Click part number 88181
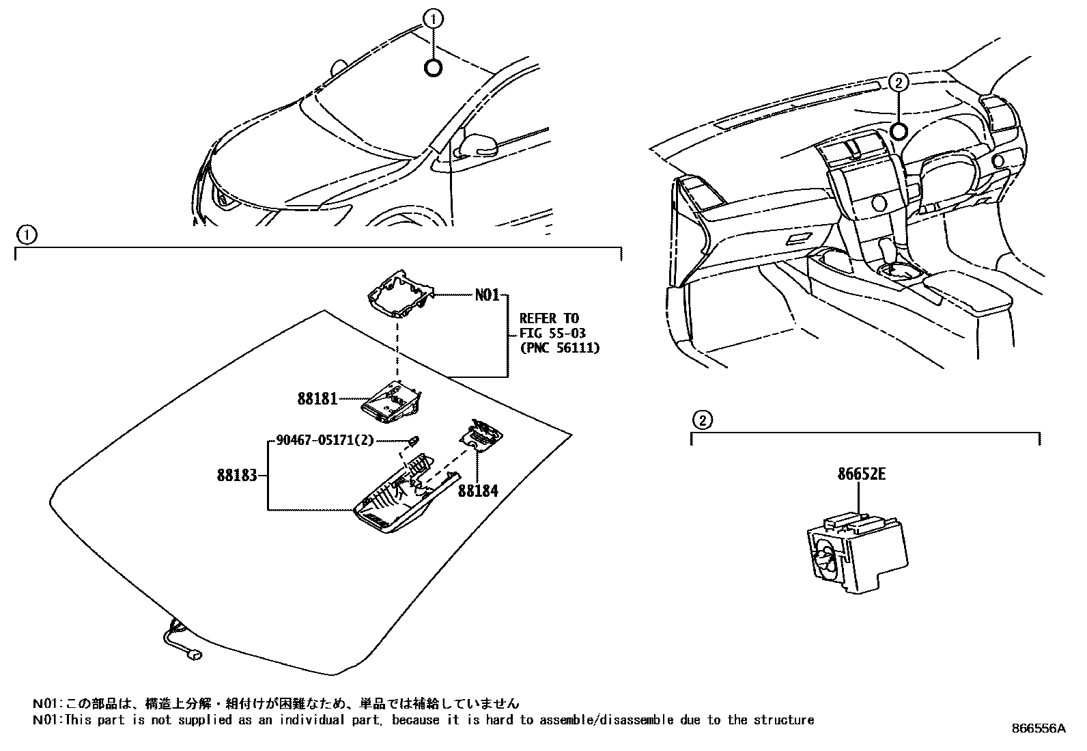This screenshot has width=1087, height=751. [317, 398]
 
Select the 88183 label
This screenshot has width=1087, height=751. [237, 474]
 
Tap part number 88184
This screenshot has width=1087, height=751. [477, 490]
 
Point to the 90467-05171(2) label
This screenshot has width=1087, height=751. [325, 440]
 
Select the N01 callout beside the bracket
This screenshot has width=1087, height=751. [488, 295]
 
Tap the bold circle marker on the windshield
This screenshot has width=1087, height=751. [433, 68]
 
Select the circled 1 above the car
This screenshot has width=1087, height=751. [432, 19]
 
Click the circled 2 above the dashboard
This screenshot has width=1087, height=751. [899, 83]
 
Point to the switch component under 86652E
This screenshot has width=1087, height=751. [856, 551]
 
